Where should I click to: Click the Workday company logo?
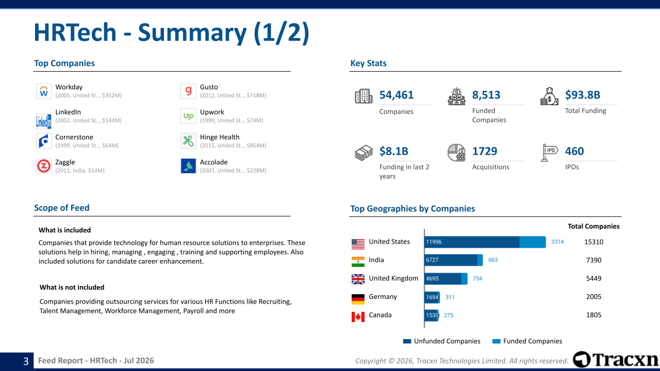coord(44,91)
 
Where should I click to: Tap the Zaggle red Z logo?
coord(44,166)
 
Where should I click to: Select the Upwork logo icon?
coord(188,116)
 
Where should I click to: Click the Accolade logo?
coord(188,166)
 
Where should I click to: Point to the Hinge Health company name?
coord(220,137)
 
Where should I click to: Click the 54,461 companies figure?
coord(397,95)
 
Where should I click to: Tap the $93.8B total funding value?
coord(583,95)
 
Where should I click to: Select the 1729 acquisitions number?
coord(484,151)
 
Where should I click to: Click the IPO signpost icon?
coord(549,153)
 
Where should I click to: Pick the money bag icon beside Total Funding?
coord(549,96)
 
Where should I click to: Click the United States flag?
coord(358,244)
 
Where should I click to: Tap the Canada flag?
coord(358,317)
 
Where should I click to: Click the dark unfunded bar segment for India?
coord(451,260)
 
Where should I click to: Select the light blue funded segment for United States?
coord(533,242)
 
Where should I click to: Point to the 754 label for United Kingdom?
coord(477,279)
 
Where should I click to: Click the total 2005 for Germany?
coord(593,297)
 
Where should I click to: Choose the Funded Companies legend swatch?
coord(497,341)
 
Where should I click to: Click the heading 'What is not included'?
coord(72,288)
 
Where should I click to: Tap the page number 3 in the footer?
coord(26,361)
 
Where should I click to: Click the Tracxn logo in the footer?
coord(616,360)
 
